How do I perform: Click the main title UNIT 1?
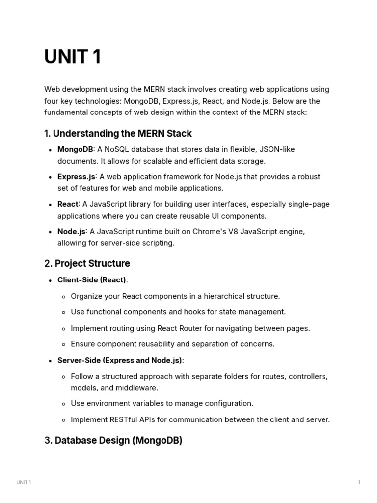[73, 57]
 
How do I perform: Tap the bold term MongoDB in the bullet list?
[75, 149]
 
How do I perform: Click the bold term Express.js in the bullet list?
[76, 177]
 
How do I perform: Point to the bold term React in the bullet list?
[68, 204]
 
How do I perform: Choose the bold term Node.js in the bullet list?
[72, 232]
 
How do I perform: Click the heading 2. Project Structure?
[87, 263]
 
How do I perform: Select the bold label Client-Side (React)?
[92, 280]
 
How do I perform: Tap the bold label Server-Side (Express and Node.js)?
[120, 360]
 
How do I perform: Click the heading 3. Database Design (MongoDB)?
[113, 440]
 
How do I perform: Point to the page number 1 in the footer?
[359, 482]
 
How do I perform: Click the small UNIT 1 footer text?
[24, 482]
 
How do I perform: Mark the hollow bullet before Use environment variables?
[64, 404]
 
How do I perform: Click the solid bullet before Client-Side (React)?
[51, 280]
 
